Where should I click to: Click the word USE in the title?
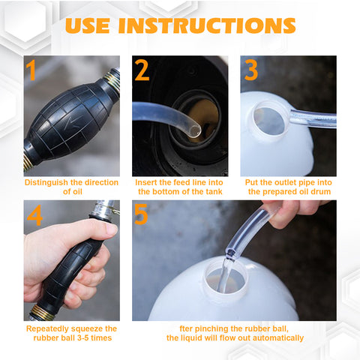click(88, 25)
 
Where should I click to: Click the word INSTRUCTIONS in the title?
click(207, 25)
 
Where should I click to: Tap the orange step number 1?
click(31, 70)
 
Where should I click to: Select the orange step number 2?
click(142, 70)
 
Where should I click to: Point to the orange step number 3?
click(251, 70)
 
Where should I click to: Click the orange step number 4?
click(34, 215)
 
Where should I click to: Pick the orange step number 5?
click(141, 214)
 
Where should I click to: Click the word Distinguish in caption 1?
click(46, 183)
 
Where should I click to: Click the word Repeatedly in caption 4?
click(46, 329)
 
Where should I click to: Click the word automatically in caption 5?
click(278, 338)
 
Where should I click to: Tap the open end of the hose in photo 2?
click(194, 130)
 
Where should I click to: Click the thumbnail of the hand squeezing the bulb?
click(72, 260)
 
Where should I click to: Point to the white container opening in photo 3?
click(269, 121)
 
